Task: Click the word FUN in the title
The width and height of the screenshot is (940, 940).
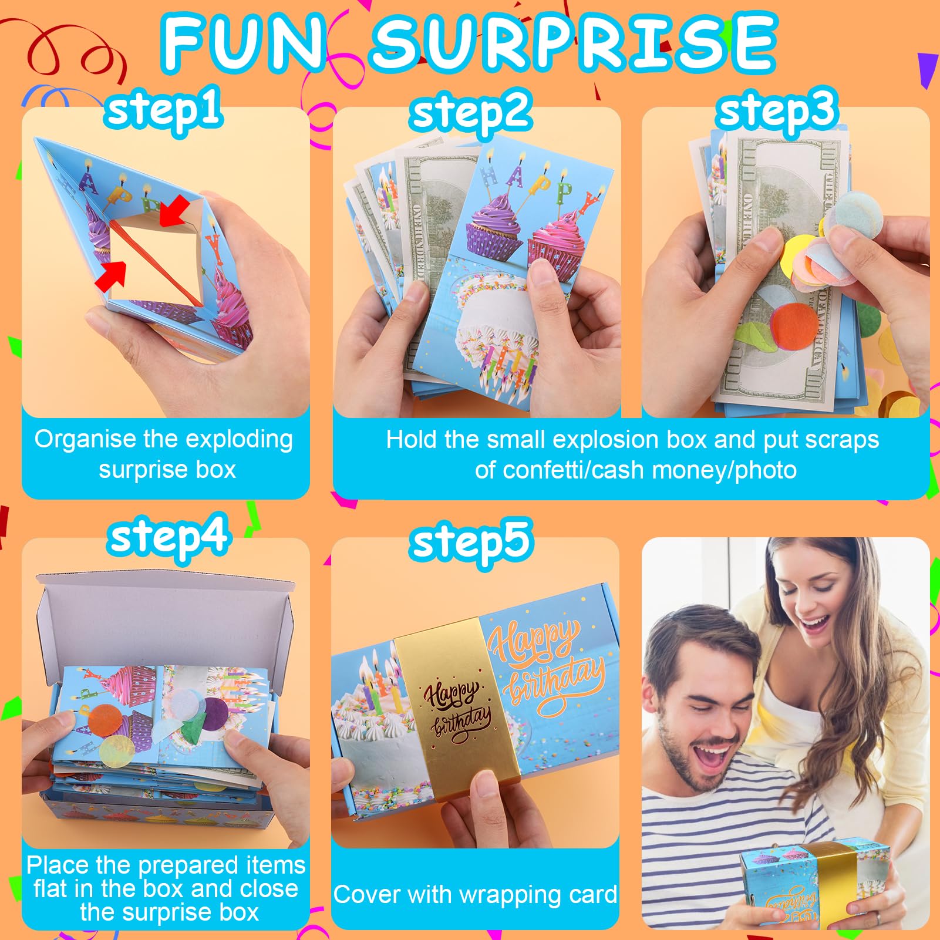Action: point(244,43)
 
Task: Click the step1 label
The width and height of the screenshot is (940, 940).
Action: point(164,110)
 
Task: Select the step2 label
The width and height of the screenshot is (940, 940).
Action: point(471,113)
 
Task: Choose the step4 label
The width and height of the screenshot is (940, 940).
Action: point(168,538)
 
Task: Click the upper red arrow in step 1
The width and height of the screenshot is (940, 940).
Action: point(175,211)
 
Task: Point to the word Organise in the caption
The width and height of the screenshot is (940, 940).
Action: point(85,440)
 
